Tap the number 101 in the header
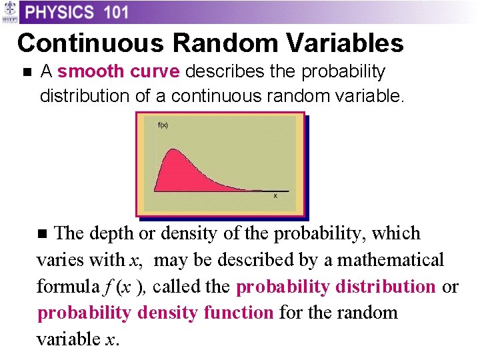[111, 12]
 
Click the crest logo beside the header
[9, 13]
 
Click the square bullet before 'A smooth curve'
[26, 71]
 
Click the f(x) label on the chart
[163, 125]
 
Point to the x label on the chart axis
[276, 195]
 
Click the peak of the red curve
[173, 150]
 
